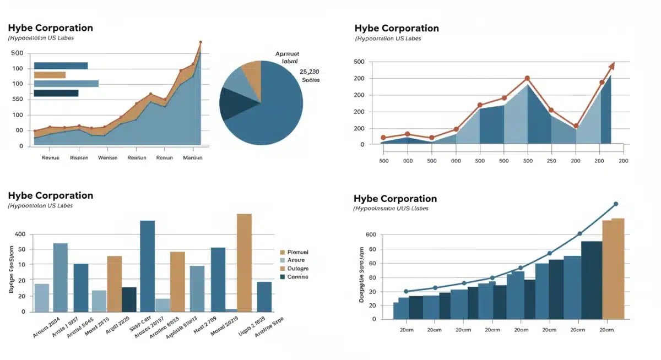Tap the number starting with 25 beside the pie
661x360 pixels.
(x=309, y=72)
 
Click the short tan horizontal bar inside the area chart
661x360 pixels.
(x=50, y=75)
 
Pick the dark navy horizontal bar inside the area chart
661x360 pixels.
(x=56, y=93)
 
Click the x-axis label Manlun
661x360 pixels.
(x=192, y=157)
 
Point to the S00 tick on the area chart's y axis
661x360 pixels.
(x=17, y=53)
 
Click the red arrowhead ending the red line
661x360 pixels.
(x=611, y=66)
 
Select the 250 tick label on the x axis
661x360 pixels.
(x=551, y=161)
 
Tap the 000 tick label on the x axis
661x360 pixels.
(x=408, y=161)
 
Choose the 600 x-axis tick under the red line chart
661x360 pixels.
(x=456, y=161)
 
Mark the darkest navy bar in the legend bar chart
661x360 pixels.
(x=129, y=299)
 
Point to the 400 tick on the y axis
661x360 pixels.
(x=20, y=234)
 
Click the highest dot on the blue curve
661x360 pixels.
(x=616, y=204)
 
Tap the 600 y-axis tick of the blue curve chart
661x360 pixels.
(x=371, y=235)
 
